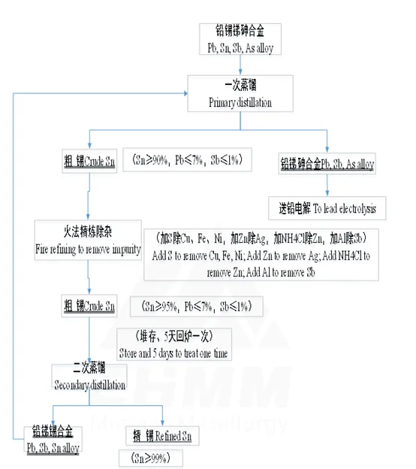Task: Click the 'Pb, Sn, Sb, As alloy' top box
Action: coord(240,39)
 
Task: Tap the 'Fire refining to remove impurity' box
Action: coord(88,238)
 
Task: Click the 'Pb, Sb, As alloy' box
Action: coord(327,162)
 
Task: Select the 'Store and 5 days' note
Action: coord(173,343)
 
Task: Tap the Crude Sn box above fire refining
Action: coord(89,160)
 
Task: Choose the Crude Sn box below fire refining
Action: coord(89,306)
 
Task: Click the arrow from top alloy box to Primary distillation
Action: coord(240,67)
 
